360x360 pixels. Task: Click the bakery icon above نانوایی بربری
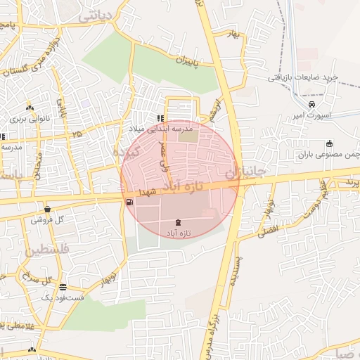[x=30, y=108]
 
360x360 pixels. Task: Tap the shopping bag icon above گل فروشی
[x=47, y=209]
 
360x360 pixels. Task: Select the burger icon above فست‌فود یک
[x=63, y=287]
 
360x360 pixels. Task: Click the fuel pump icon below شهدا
[x=129, y=202]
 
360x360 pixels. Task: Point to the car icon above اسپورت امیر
[x=301, y=105]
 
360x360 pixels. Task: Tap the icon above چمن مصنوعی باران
[x=329, y=144]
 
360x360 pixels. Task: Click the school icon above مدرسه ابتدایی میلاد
[x=161, y=118]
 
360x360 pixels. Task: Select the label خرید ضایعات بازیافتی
[x=304, y=77]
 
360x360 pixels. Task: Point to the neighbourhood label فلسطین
[x=48, y=250]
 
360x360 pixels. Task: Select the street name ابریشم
[x=215, y=109]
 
